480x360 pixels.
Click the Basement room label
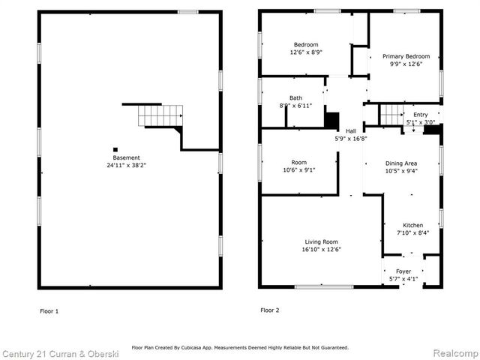pyautogui.click(x=127, y=157)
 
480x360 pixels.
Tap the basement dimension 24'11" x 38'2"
pyautogui.click(x=127, y=165)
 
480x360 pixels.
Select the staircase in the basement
pyautogui.click(x=160, y=116)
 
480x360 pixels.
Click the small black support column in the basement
pyautogui.click(x=115, y=148)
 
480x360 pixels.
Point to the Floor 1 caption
pyautogui.click(x=49, y=310)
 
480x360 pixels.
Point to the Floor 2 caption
pyautogui.click(x=270, y=310)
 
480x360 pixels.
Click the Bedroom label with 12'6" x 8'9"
pyautogui.click(x=306, y=44)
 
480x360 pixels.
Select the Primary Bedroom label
pyautogui.click(x=406, y=56)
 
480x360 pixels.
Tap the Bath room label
pyautogui.click(x=295, y=98)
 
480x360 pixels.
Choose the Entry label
pyautogui.click(x=410, y=114)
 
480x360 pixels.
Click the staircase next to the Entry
pyautogui.click(x=391, y=115)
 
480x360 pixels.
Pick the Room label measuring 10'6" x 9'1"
pyautogui.click(x=299, y=162)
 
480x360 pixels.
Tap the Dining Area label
pyautogui.click(x=401, y=163)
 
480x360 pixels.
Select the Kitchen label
pyautogui.click(x=412, y=225)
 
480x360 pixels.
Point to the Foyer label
pyautogui.click(x=403, y=271)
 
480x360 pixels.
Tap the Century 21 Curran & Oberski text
pyautogui.click(x=56, y=353)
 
